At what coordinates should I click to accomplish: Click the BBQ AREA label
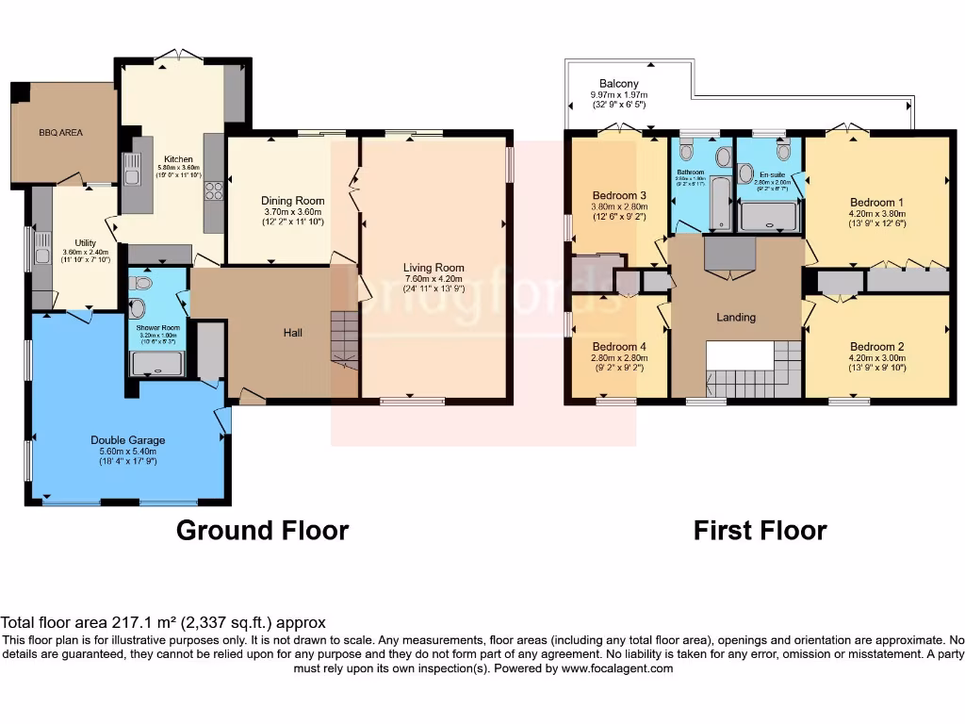tap(60, 133)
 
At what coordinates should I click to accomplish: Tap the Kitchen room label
tap(178, 159)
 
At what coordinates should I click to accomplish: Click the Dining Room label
tap(292, 201)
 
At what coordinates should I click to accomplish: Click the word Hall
tap(293, 333)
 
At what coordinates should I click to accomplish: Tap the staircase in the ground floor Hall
tap(345, 338)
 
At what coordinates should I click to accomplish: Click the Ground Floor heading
tap(262, 531)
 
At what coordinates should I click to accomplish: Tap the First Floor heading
tap(760, 531)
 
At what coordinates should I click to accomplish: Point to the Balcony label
tap(618, 84)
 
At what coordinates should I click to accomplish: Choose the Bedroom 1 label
tap(876, 202)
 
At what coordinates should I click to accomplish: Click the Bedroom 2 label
tap(876, 346)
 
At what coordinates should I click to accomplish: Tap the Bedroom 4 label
tap(617, 346)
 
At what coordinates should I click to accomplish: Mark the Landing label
tap(736, 318)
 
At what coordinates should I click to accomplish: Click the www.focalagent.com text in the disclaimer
tap(617, 668)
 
